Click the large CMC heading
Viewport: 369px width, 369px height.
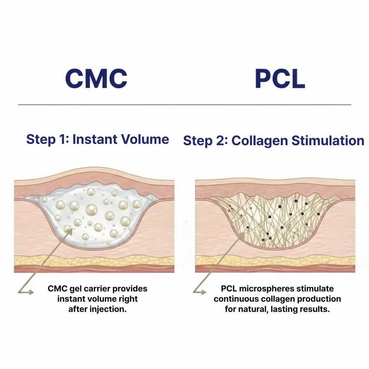pyautogui.click(x=96, y=79)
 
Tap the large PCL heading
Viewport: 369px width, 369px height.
pyautogui.click(x=280, y=79)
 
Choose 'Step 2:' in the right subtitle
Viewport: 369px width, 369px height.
pyautogui.click(x=205, y=141)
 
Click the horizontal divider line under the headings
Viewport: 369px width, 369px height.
pyautogui.click(x=184, y=104)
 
